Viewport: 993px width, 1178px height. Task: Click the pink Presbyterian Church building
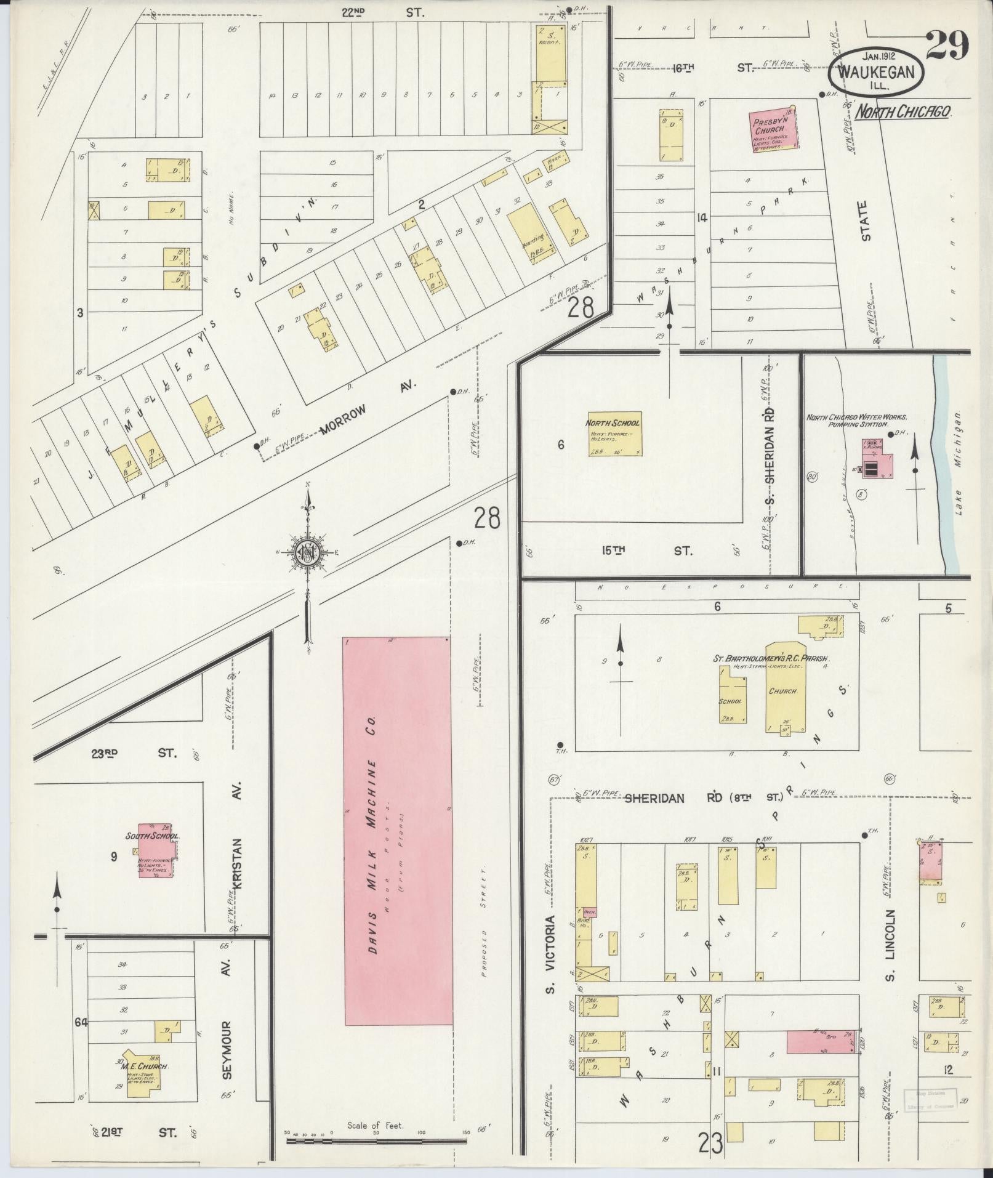pyautogui.click(x=772, y=127)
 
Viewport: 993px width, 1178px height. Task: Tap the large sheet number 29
pyautogui.click(x=947, y=46)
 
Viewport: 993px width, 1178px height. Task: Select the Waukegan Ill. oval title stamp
pyautogui.click(x=876, y=71)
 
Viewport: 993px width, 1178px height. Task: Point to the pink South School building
pyautogui.click(x=155, y=850)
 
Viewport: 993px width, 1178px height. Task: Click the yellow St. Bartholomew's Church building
pyautogui.click(x=781, y=700)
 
